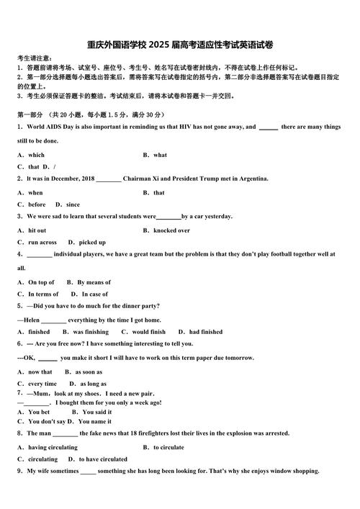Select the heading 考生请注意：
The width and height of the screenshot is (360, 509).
point(34,58)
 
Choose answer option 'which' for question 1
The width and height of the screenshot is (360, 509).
point(36,155)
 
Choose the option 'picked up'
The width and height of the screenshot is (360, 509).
point(92,243)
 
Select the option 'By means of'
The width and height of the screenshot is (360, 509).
point(94,282)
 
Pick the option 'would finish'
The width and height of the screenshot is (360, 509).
point(148,332)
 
